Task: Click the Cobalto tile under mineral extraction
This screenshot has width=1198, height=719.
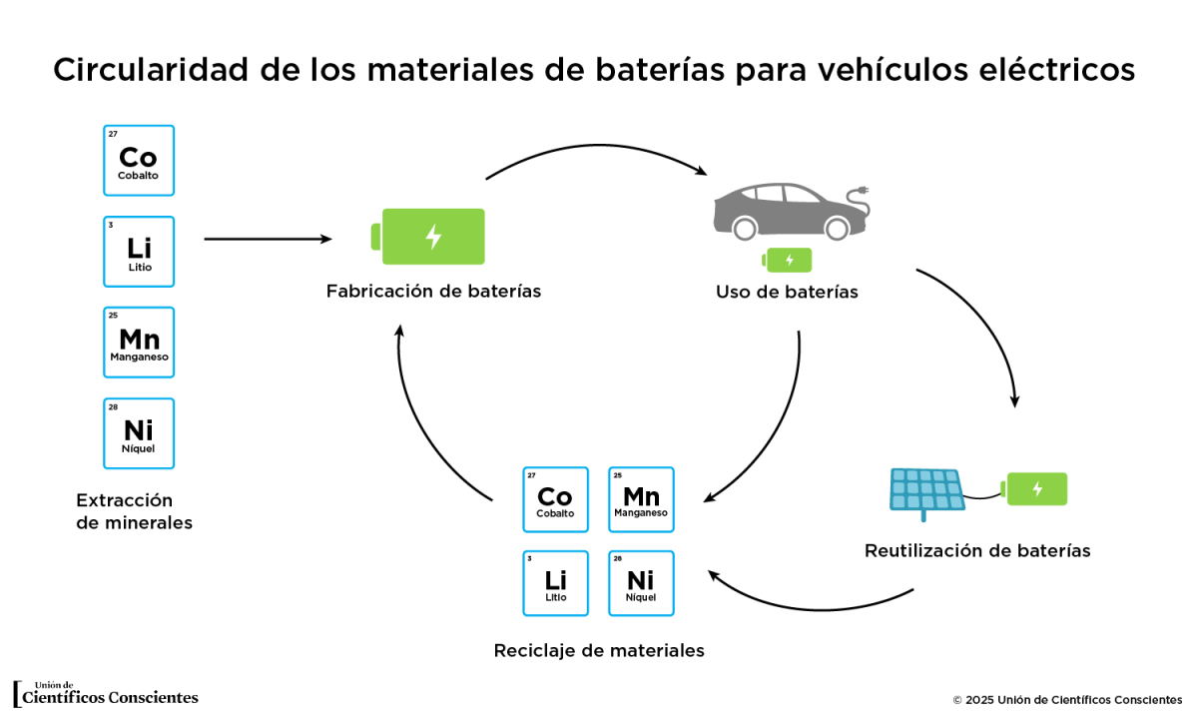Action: click(139, 161)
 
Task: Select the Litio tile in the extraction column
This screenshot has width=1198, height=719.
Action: click(139, 252)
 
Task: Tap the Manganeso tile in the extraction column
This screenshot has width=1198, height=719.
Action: click(139, 343)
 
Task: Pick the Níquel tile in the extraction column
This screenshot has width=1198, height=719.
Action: click(139, 433)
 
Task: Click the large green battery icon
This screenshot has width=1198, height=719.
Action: click(429, 237)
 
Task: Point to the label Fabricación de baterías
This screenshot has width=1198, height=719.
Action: click(433, 292)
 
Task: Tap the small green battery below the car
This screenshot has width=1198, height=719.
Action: click(788, 261)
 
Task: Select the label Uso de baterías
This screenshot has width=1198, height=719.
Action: click(787, 293)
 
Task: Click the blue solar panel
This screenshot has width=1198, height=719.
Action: click(927, 490)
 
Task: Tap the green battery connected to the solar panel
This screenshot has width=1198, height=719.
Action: click(1036, 488)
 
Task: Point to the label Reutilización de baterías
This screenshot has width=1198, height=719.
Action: click(977, 550)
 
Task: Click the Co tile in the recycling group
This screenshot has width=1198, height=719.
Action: click(555, 499)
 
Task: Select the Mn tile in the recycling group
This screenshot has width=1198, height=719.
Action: click(641, 499)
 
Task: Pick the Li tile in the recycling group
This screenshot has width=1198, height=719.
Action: click(555, 583)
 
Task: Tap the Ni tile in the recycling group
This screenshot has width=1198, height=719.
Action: click(641, 583)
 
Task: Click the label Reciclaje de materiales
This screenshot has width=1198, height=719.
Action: click(599, 651)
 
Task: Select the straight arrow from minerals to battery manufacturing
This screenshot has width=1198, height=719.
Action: click(268, 239)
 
